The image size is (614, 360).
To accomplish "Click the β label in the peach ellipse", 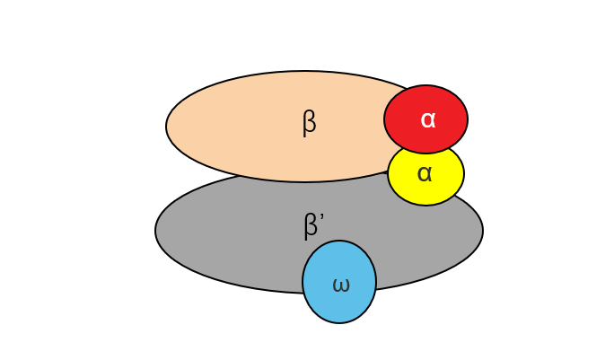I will (x=309, y=122).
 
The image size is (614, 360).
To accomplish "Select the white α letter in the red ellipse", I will (x=427, y=119).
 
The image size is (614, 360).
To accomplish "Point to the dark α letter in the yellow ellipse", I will (x=425, y=173).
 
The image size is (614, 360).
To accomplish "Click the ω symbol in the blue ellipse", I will (x=340, y=285).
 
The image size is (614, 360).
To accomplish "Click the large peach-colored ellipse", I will (x=242, y=126).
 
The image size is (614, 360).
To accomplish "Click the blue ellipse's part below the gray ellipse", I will (x=339, y=308).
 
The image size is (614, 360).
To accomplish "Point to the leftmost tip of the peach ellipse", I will (x=167, y=127).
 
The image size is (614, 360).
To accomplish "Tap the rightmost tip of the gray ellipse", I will (x=482, y=231).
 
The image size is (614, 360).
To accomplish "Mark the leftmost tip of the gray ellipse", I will (x=156, y=231).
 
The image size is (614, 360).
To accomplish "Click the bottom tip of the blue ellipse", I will (x=339, y=322).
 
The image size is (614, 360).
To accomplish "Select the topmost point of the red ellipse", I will (x=426, y=86).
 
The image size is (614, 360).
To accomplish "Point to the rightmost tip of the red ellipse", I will (x=467, y=119).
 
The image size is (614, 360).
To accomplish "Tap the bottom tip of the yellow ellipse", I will (x=426, y=205).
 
